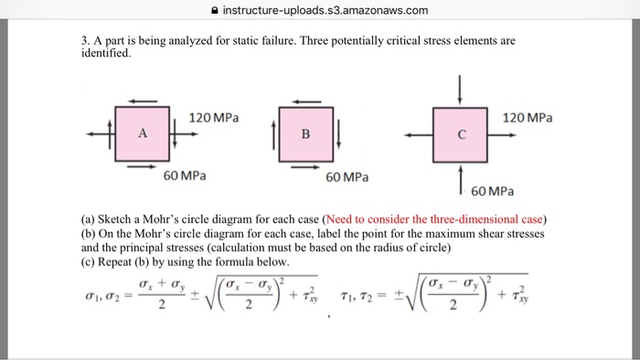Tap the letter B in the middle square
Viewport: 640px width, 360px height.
(x=306, y=134)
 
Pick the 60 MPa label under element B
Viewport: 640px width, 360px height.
(x=347, y=177)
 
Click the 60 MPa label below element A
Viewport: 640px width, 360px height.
(x=183, y=176)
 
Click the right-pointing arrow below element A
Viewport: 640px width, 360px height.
(x=142, y=167)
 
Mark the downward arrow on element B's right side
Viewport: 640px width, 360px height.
(x=339, y=134)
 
